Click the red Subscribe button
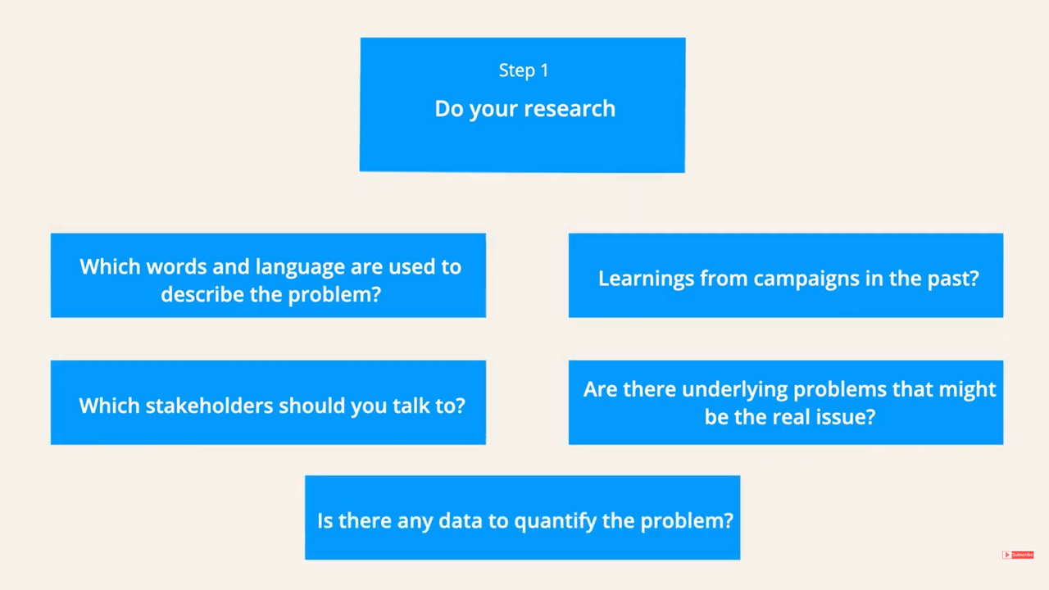pos(1018,555)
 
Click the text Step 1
pos(524,70)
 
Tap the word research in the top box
pos(570,109)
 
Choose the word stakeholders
pos(209,406)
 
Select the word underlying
pos(735,390)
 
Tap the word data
pos(461,520)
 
